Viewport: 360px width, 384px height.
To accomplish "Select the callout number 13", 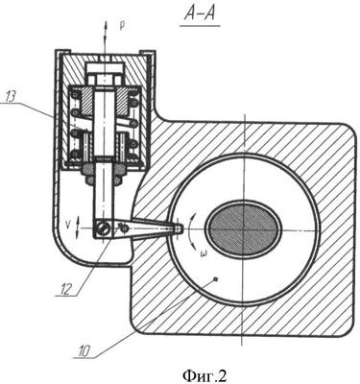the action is point(11,97).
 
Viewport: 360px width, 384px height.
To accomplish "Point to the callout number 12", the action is point(65,289).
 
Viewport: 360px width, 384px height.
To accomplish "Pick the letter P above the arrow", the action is point(122,27).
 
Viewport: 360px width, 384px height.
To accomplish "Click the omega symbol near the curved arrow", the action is point(202,255).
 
